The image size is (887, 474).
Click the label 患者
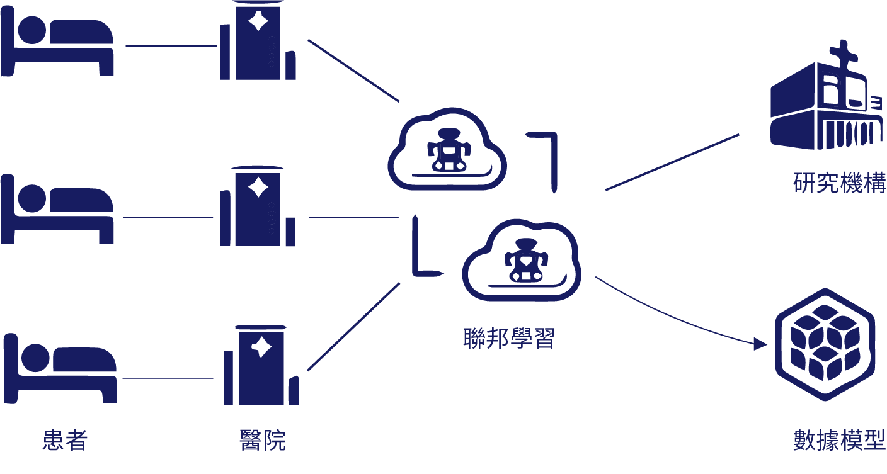click(x=65, y=440)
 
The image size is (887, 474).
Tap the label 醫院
click(x=263, y=440)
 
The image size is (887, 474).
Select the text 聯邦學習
click(x=508, y=338)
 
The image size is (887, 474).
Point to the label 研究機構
click(x=840, y=183)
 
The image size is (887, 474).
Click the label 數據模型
click(x=840, y=440)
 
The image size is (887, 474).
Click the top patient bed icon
click(x=57, y=41)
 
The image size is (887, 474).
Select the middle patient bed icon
click(x=57, y=208)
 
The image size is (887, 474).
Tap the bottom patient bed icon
click(x=60, y=368)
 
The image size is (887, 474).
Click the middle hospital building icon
click(x=258, y=206)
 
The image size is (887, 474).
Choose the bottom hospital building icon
click(x=261, y=365)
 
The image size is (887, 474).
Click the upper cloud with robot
click(x=447, y=149)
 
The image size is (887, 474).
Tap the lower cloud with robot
click(x=522, y=260)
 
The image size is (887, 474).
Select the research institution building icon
click(x=827, y=94)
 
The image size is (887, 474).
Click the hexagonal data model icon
click(x=825, y=344)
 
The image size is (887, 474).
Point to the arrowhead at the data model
click(x=760, y=344)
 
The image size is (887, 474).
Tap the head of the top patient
click(x=32, y=30)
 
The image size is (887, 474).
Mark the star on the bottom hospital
click(x=261, y=347)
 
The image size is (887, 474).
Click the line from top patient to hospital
click(x=171, y=46)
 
